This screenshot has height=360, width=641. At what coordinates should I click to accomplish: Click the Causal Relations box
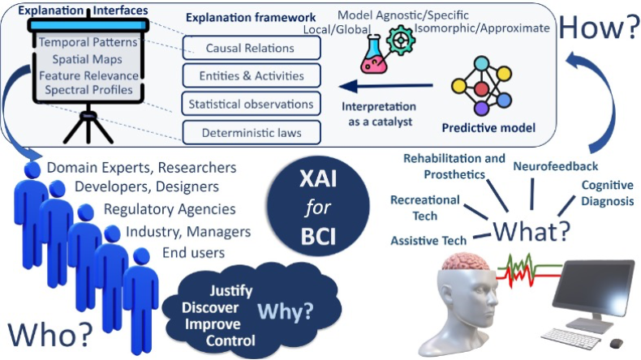pos(252,48)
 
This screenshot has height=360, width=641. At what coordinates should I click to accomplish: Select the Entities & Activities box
pos(252,76)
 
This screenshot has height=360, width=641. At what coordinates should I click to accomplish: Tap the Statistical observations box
pos(252,104)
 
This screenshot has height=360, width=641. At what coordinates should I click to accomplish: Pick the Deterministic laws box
pos(252,131)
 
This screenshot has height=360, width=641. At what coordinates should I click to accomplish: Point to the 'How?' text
pos(597,28)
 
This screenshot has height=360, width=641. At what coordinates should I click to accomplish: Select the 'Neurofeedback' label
pos(556,166)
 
